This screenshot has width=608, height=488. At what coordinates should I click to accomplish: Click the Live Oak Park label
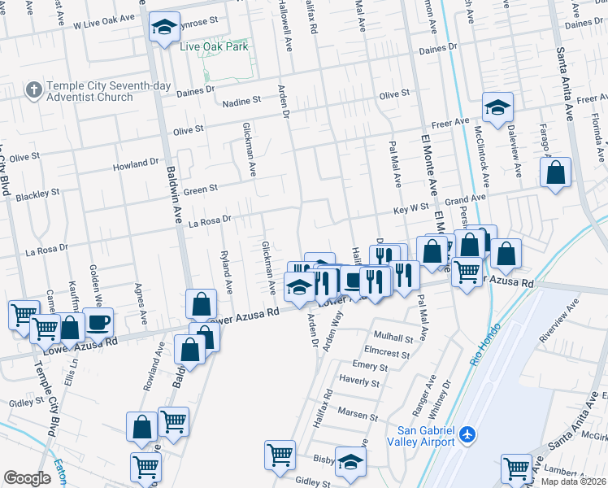(x=214, y=46)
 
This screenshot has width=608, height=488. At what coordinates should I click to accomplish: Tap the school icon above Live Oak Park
(x=163, y=28)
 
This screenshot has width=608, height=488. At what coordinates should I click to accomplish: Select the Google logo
(x=27, y=478)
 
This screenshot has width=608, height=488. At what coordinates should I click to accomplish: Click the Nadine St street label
(x=242, y=101)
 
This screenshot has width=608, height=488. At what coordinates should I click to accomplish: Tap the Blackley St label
(x=38, y=195)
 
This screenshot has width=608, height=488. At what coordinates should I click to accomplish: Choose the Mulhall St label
(x=394, y=336)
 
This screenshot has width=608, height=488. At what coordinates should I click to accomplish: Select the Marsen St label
(x=358, y=412)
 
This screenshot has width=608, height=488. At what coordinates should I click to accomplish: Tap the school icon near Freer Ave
(x=497, y=106)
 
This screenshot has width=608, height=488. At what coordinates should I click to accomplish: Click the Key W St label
(x=410, y=208)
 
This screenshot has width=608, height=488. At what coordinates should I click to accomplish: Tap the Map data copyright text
(x=573, y=481)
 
